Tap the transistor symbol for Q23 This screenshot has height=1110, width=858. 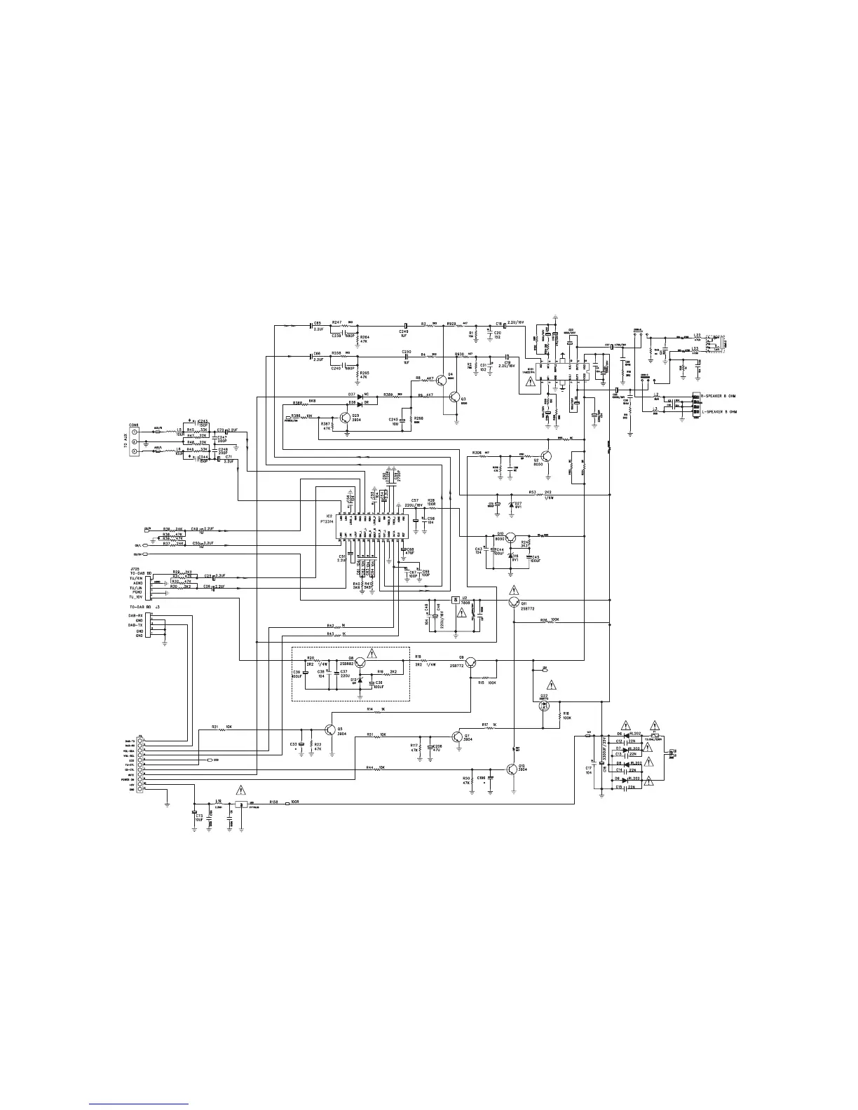pos(346,418)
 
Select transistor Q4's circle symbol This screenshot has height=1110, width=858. pos(442,381)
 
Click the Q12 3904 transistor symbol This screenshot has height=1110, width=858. pos(514,769)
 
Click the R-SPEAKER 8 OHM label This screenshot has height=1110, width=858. pos(723,397)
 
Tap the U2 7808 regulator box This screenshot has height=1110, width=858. pos(456,600)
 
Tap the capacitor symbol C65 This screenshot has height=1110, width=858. pos(311,325)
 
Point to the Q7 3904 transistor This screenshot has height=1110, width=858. pos(458,737)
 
